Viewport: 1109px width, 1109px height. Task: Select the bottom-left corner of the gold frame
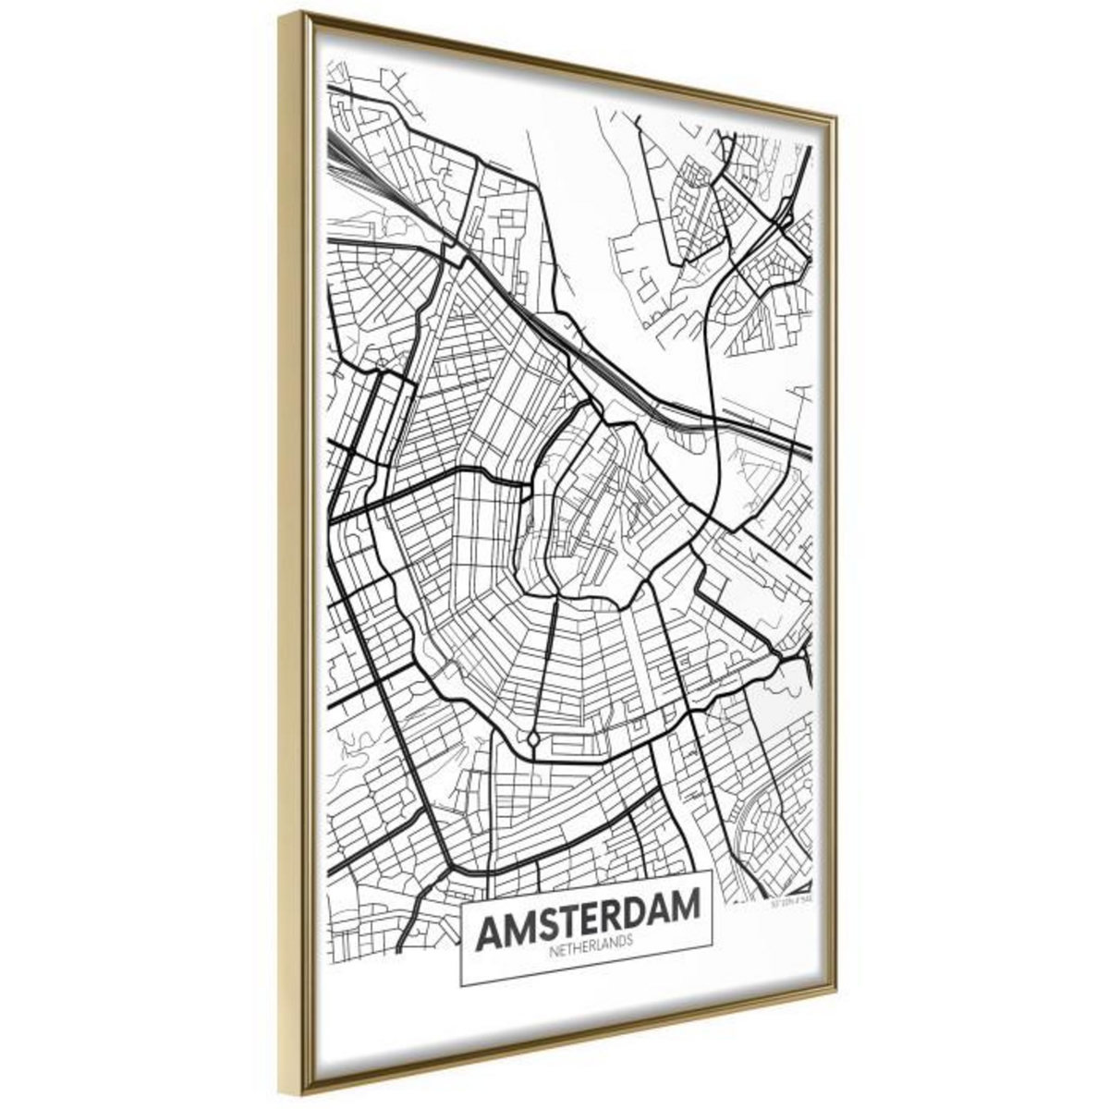[x=281, y=1102]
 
